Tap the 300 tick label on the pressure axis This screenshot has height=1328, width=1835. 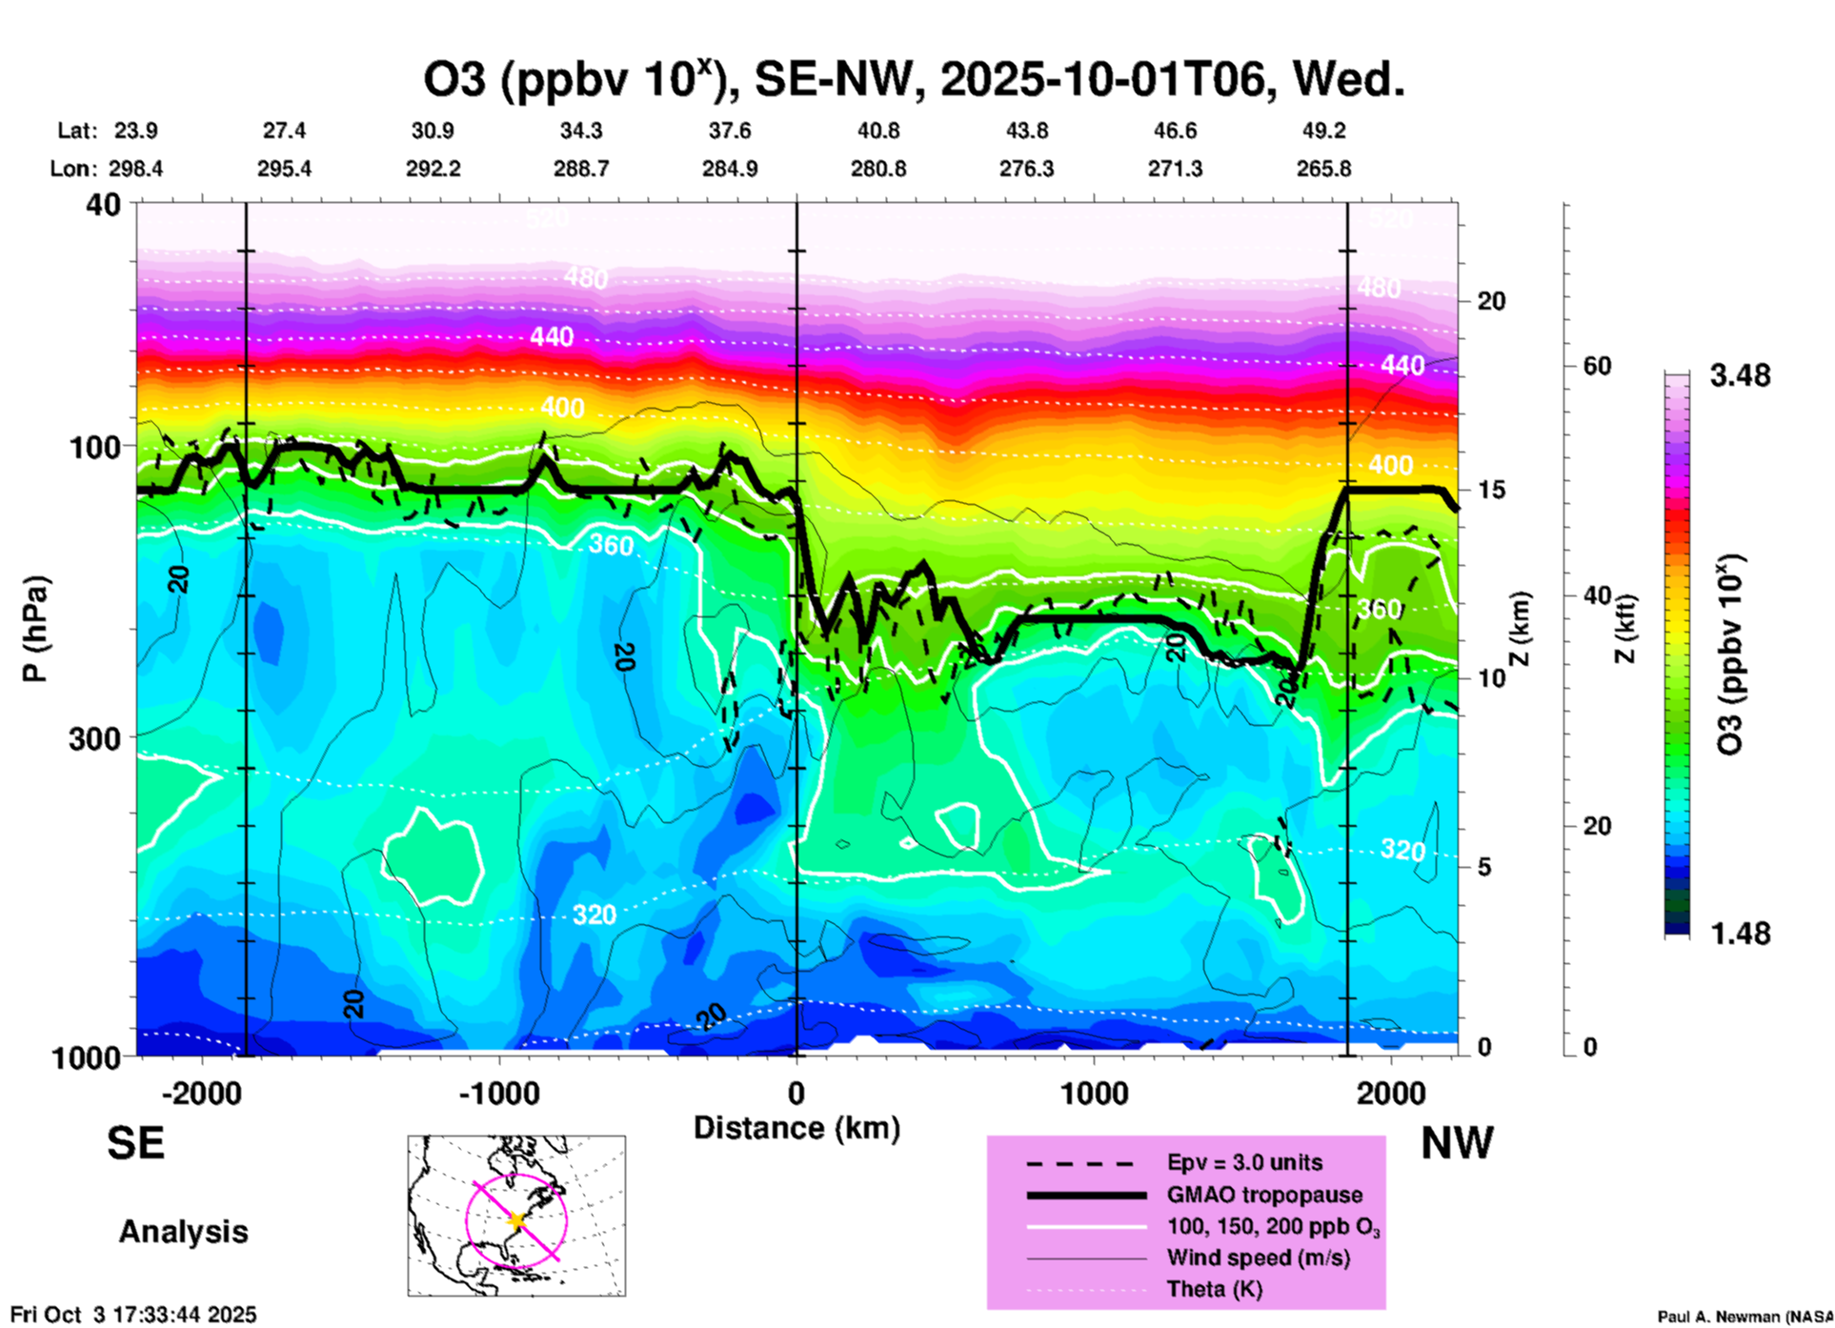(x=94, y=737)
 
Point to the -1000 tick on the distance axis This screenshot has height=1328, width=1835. (x=500, y=1093)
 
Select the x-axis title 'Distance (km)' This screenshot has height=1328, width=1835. (x=797, y=1128)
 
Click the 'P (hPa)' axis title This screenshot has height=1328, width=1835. (x=34, y=629)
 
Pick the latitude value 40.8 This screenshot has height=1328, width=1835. (x=877, y=131)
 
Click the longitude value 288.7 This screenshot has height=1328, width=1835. (x=581, y=169)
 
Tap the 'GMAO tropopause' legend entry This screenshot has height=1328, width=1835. (x=1264, y=1195)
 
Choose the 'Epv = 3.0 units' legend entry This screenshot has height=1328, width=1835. (x=1244, y=1162)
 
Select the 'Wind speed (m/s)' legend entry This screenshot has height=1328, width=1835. (x=1258, y=1258)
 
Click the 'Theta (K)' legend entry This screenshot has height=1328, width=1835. (x=1214, y=1289)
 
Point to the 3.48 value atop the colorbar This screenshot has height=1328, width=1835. (x=1740, y=375)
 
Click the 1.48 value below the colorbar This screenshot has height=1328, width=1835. (x=1740, y=933)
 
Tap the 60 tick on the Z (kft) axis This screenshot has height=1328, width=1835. (x=1597, y=366)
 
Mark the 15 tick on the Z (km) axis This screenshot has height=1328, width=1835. (x=1491, y=490)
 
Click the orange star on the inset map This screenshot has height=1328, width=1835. (x=516, y=1220)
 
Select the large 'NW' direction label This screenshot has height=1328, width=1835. (x=1457, y=1143)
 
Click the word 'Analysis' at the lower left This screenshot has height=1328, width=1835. (x=183, y=1232)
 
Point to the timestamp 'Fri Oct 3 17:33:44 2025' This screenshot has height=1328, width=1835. (x=133, y=1315)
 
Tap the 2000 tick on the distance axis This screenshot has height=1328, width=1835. (x=1391, y=1093)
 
